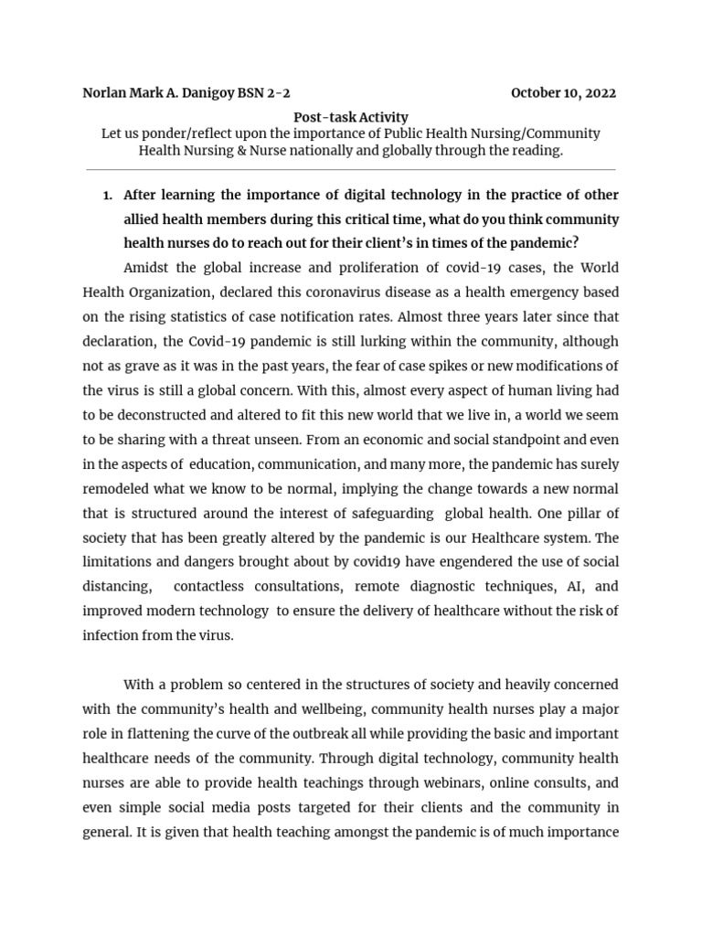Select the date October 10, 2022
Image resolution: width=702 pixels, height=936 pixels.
click(563, 93)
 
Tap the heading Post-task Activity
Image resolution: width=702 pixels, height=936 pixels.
click(350, 117)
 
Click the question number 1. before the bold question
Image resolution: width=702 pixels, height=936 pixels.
click(107, 196)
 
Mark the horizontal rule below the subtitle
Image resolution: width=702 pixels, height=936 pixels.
click(350, 169)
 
